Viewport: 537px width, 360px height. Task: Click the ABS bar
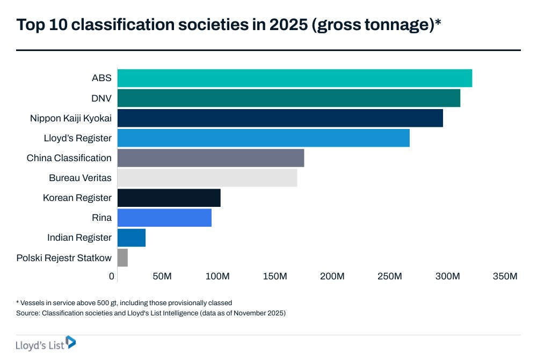coord(294,78)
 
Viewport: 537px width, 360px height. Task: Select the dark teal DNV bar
coord(288,98)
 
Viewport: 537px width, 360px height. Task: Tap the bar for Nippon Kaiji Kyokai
coord(280,118)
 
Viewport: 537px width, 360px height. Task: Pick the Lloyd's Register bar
coord(263,138)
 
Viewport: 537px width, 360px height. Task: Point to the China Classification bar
coord(211,158)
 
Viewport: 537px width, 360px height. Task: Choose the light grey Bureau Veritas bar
coord(207,178)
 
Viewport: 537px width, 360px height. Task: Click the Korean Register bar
coord(169,198)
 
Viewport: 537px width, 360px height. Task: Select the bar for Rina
coord(164,218)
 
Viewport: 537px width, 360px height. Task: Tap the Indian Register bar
coord(131,237)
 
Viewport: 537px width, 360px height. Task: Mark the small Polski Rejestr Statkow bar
coord(122,258)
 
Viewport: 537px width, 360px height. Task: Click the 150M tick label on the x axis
coord(275,276)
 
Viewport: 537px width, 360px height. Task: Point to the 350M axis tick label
coord(505,276)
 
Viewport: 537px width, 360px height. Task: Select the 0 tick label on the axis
coord(112,276)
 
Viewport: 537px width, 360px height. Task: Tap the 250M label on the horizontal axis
coord(390,276)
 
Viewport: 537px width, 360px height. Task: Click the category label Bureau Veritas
coord(80,178)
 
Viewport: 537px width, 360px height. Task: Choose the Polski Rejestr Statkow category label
coord(64,258)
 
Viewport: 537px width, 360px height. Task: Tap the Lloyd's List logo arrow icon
coord(70,342)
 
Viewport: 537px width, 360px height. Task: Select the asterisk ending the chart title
coord(438,23)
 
